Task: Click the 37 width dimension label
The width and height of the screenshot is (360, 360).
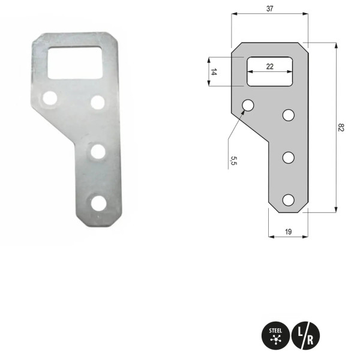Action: pyautogui.click(x=269, y=8)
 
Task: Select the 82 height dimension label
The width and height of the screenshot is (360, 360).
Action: pyautogui.click(x=341, y=127)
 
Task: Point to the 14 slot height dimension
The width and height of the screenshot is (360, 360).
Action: pyautogui.click(x=214, y=72)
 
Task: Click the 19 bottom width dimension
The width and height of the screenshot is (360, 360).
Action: pyautogui.click(x=288, y=231)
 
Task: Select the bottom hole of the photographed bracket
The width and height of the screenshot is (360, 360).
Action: pyautogui.click(x=98, y=203)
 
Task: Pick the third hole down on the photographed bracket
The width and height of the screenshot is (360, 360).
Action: pyautogui.click(x=96, y=151)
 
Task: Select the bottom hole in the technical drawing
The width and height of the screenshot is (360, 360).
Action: pyautogui.click(x=289, y=200)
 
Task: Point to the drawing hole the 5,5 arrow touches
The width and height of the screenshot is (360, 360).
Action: pyautogui.click(x=248, y=106)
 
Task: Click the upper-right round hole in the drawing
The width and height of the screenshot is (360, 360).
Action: pyautogui.click(x=289, y=115)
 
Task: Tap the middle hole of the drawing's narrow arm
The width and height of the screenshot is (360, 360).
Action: pyautogui.click(x=289, y=158)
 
